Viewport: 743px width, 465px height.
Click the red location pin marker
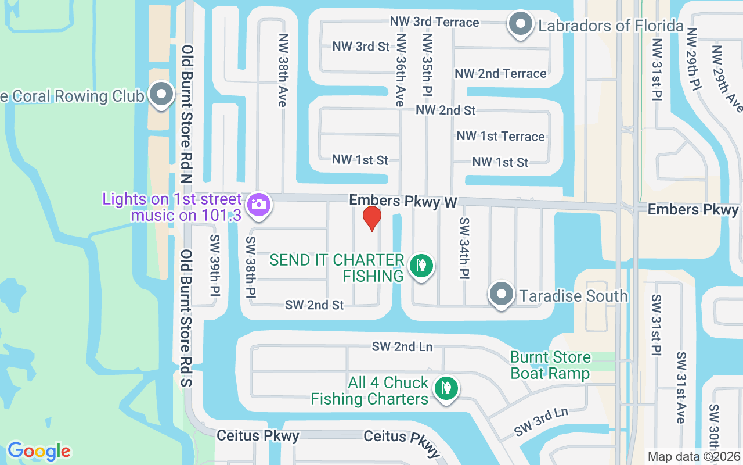[371, 218]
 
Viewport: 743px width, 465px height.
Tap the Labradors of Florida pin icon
[521, 25]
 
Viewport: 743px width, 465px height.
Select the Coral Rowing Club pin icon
[161, 95]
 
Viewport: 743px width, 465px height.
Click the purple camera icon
[258, 206]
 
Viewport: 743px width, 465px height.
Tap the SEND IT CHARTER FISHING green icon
[421, 266]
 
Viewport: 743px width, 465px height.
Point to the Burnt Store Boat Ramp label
[550, 365]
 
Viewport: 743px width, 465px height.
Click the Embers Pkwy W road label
[403, 201]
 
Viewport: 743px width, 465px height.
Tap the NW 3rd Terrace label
[434, 22]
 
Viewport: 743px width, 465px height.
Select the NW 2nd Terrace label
[500, 74]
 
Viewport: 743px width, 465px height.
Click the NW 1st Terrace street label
[500, 136]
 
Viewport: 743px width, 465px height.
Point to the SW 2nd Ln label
[402, 346]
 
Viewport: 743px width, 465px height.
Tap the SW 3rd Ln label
[540, 423]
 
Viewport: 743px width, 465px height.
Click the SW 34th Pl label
[464, 248]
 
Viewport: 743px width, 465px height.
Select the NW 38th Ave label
[283, 70]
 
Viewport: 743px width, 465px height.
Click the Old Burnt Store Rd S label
[187, 319]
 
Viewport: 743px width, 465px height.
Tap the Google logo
[39, 451]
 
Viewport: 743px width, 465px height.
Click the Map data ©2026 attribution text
[693, 457]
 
